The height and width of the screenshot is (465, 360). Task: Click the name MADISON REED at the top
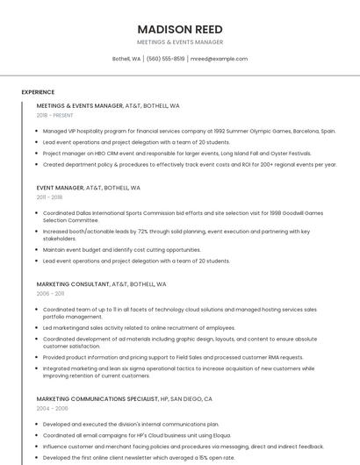coord(179,29)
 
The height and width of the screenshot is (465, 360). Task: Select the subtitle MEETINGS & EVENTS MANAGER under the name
coord(179,42)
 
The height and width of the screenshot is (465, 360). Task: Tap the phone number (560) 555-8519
coord(165,59)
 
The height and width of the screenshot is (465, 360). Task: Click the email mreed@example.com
coord(219,59)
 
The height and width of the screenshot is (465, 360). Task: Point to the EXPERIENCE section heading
coord(38,91)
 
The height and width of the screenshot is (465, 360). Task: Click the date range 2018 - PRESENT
coord(54,115)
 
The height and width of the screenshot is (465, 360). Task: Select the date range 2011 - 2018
coord(49,197)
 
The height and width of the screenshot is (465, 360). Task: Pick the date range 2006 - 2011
coord(49,294)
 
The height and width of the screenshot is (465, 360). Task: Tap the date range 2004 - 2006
coord(52,408)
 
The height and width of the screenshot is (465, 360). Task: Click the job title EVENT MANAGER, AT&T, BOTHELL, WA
coord(88,188)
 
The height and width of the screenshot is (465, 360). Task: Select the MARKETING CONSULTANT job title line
coord(101,284)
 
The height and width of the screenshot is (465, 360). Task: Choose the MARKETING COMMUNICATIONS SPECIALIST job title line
coord(124,398)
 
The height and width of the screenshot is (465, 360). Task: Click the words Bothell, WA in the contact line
coord(126,59)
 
